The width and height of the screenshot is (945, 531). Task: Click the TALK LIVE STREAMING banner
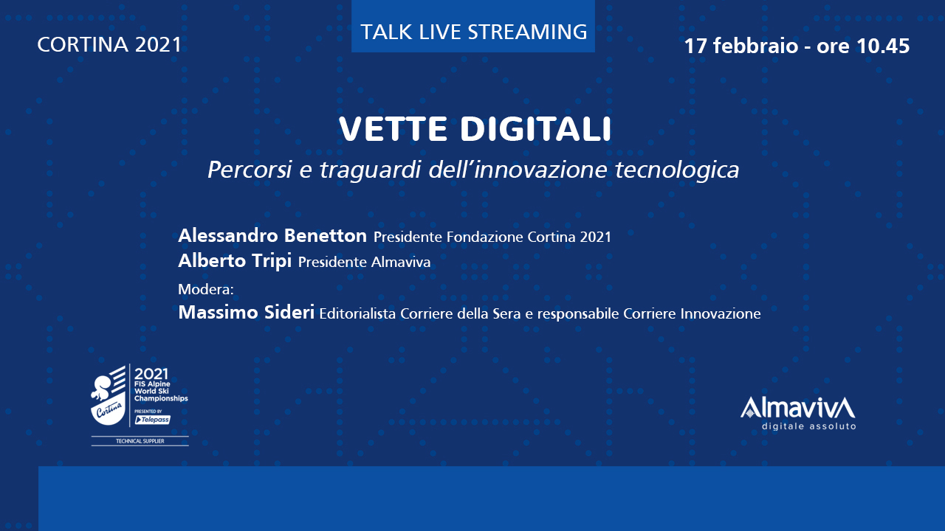(x=473, y=27)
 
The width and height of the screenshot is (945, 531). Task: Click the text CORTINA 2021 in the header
(x=109, y=45)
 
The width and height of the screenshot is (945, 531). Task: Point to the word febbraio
(x=755, y=46)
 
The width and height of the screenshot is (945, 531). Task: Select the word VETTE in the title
(x=393, y=128)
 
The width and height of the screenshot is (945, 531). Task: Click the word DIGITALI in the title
(x=536, y=128)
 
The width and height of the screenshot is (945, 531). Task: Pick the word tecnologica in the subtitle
(x=677, y=170)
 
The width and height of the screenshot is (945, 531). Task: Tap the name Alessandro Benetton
(x=272, y=235)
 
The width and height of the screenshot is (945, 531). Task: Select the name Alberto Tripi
(x=235, y=260)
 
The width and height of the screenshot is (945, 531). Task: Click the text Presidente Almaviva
(x=364, y=262)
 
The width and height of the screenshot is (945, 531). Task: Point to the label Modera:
(x=206, y=289)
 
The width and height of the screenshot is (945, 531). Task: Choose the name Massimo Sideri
(x=247, y=312)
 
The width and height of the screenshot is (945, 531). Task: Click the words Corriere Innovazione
(x=692, y=314)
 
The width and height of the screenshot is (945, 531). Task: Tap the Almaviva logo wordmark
(x=798, y=408)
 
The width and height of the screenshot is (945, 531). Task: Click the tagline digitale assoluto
(x=808, y=426)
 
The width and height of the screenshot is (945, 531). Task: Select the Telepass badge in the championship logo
(x=152, y=420)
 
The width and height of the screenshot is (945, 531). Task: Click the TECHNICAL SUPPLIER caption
(x=140, y=441)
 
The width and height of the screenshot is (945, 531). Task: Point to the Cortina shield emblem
(x=109, y=396)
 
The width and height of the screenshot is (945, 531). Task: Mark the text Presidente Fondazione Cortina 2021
(x=492, y=237)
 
